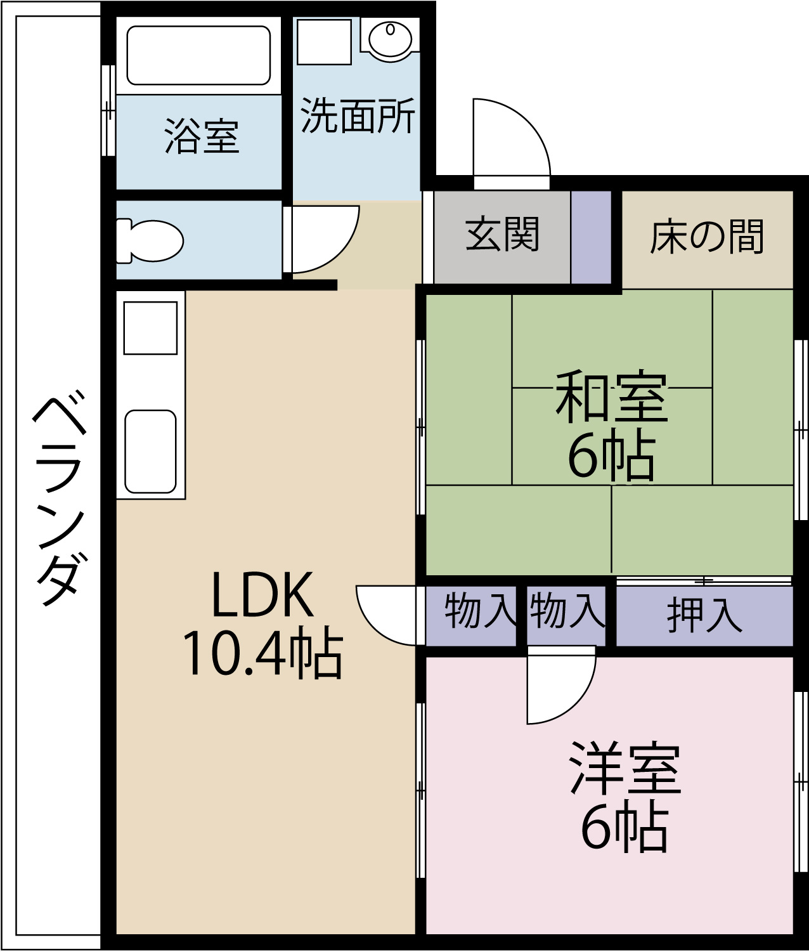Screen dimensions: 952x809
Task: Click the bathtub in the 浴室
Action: click(198, 55)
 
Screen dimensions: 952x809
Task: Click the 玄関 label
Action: click(502, 235)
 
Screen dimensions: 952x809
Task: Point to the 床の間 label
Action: click(707, 237)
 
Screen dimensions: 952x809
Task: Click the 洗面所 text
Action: click(358, 116)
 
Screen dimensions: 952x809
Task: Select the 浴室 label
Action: click(201, 136)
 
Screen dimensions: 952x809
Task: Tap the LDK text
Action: click(262, 595)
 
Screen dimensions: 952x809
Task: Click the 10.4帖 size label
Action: click(262, 653)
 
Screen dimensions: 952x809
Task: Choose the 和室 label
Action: click(611, 398)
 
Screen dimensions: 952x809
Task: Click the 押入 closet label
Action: click(704, 615)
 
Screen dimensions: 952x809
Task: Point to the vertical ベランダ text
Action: click(59, 501)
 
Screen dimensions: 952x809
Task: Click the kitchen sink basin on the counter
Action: click(150, 451)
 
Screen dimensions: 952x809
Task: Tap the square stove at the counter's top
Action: click(150, 327)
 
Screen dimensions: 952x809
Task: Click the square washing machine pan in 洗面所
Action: click(324, 42)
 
